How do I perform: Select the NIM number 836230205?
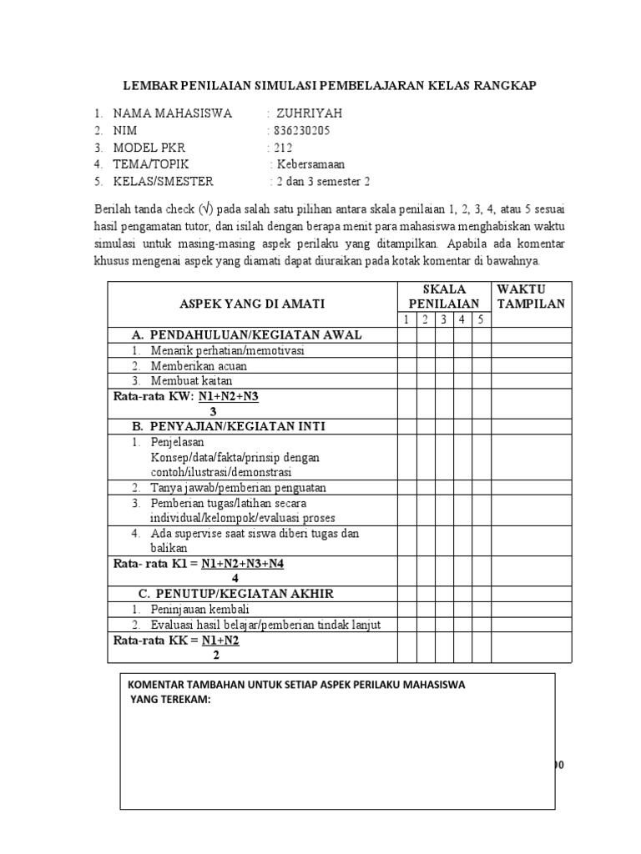coord(299,131)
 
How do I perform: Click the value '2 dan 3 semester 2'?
coord(321,181)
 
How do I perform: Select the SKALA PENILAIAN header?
coord(443,296)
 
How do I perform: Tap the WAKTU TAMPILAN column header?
coord(530,296)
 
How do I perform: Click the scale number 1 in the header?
coord(406,320)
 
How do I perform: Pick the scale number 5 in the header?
coord(481,320)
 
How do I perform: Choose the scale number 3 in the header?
coord(443,320)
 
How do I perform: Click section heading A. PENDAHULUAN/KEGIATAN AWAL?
coord(246,335)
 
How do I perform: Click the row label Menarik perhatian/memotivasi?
coord(227,351)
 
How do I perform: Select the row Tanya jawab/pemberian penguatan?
coord(238,487)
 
